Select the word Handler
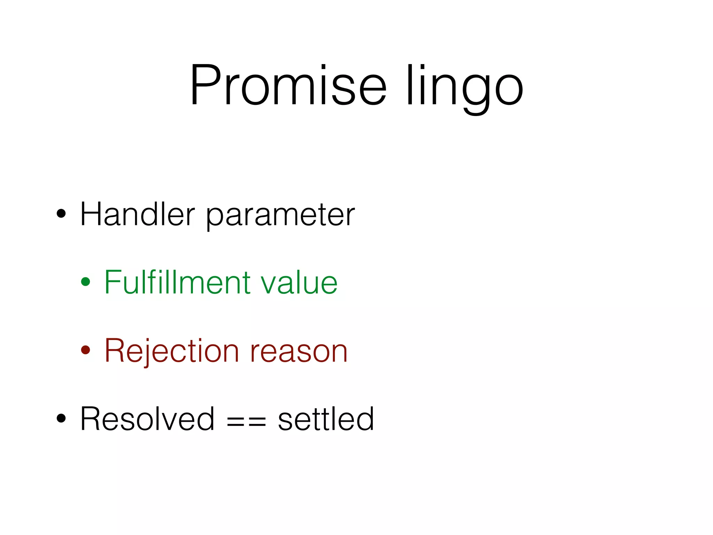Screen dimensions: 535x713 (x=138, y=214)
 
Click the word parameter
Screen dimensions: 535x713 (x=280, y=216)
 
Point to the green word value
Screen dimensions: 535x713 (x=299, y=283)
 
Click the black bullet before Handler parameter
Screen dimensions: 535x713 (x=61, y=214)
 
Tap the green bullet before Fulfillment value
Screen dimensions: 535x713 (x=86, y=281)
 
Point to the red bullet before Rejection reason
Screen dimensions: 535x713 (x=86, y=350)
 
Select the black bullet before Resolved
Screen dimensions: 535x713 (x=61, y=418)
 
